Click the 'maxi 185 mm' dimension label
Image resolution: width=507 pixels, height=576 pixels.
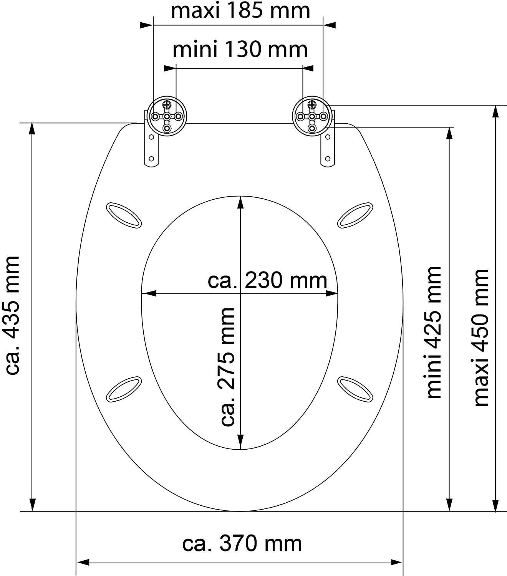click(240, 11)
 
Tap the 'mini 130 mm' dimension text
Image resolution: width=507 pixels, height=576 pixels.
click(240, 50)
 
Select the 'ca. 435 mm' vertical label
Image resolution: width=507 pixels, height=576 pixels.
click(12, 315)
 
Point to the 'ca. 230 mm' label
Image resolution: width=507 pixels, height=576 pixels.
click(267, 280)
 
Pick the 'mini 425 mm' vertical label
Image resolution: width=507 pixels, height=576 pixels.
click(434, 332)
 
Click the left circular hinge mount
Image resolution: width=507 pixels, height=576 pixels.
click(167, 116)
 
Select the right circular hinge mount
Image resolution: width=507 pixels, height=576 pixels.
click(312, 116)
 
